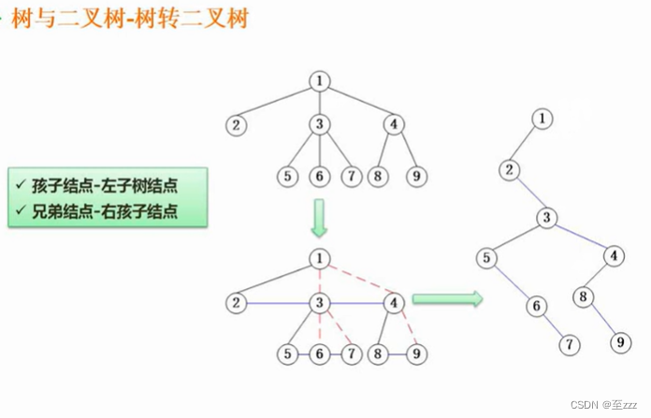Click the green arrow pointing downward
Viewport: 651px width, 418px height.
319,218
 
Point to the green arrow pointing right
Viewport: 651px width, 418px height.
446,300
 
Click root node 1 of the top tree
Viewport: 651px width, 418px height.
320,80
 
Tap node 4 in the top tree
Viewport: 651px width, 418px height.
395,124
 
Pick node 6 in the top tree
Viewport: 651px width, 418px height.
320,175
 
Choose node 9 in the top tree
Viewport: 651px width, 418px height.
416,175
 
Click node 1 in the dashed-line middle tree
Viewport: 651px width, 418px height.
320,258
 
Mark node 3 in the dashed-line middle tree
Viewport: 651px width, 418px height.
320,302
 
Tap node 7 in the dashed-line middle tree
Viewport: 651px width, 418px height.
351,354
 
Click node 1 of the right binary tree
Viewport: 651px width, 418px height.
541,118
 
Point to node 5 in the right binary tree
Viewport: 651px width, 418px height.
486,258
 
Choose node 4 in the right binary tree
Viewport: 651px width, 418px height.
614,254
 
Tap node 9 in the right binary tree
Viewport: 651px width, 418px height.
619,342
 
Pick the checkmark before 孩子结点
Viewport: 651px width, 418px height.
21,182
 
